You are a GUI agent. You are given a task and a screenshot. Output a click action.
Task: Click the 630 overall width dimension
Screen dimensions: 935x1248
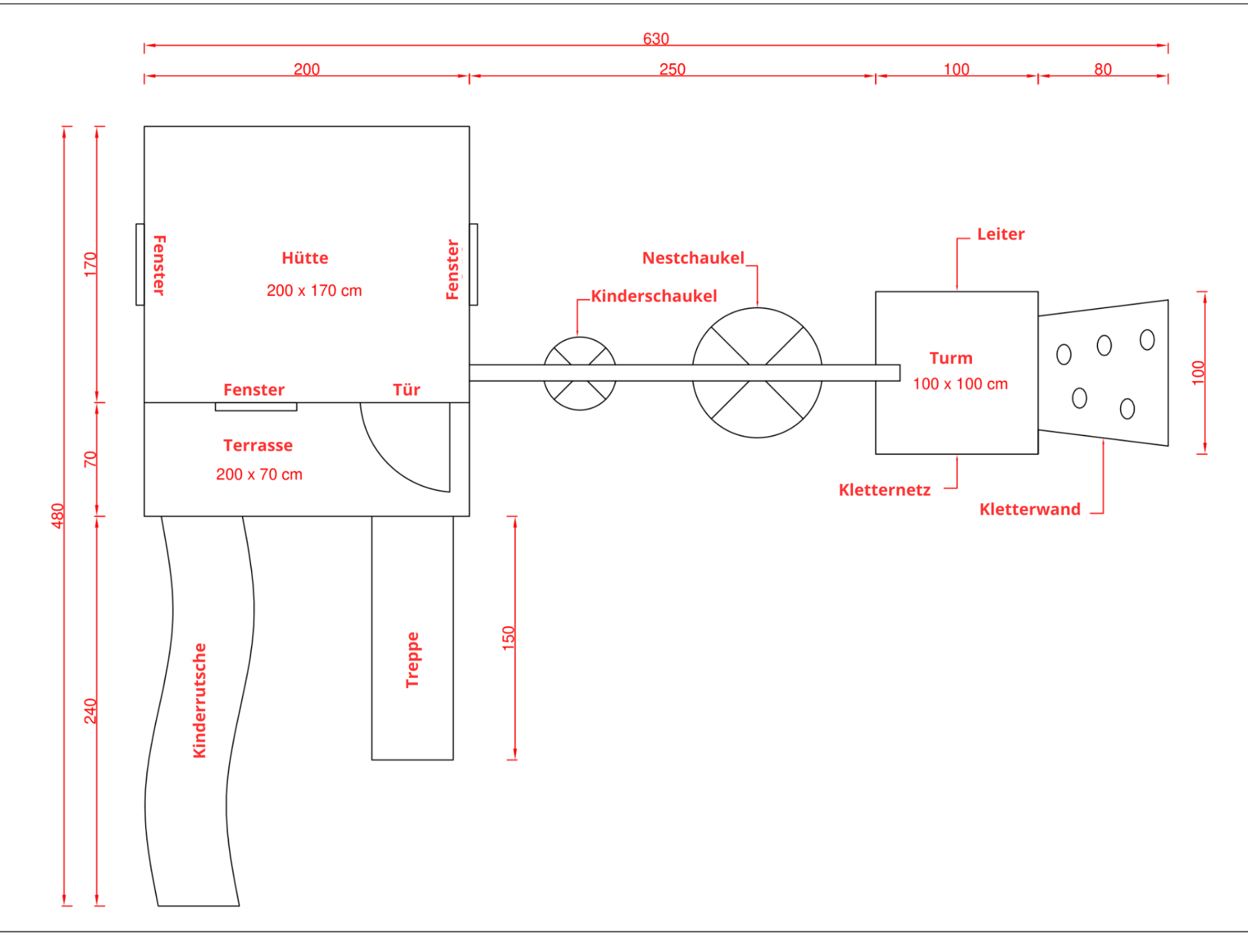(656, 39)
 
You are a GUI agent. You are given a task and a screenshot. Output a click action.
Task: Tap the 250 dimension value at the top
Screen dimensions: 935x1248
(672, 69)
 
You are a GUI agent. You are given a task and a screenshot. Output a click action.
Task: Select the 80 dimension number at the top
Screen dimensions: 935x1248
(1102, 69)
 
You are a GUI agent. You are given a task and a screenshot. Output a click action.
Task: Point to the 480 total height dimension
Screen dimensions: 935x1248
(57, 515)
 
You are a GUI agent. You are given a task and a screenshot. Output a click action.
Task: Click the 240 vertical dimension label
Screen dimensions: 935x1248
(90, 711)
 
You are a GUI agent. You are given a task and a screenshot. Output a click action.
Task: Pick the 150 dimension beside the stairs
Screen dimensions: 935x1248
(508, 638)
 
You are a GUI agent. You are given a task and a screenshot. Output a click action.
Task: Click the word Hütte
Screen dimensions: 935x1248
(305, 258)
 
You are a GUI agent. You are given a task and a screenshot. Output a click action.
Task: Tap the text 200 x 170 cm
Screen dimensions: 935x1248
(314, 291)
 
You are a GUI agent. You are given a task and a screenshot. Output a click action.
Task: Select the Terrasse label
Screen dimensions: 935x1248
(258, 445)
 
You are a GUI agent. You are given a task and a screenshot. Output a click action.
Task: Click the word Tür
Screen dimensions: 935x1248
(406, 390)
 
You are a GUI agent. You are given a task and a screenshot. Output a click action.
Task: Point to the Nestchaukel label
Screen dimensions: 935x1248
(693, 258)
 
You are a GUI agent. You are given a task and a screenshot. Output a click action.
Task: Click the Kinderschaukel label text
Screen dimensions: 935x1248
(653, 296)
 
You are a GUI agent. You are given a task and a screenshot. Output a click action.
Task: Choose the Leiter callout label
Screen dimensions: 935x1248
(1001, 235)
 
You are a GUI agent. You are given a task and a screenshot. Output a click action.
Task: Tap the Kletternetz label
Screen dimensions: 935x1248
(884, 490)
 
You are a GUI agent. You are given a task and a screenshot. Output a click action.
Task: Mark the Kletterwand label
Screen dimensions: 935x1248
(1029, 509)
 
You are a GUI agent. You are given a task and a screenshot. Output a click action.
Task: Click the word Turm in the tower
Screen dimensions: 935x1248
(951, 358)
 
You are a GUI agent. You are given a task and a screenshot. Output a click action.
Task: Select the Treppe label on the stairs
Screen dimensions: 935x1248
(413, 660)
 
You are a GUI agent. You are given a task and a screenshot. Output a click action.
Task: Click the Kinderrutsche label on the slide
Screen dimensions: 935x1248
(199, 700)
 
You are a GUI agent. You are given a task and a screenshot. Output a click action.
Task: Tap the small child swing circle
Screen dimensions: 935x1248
(580, 396)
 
